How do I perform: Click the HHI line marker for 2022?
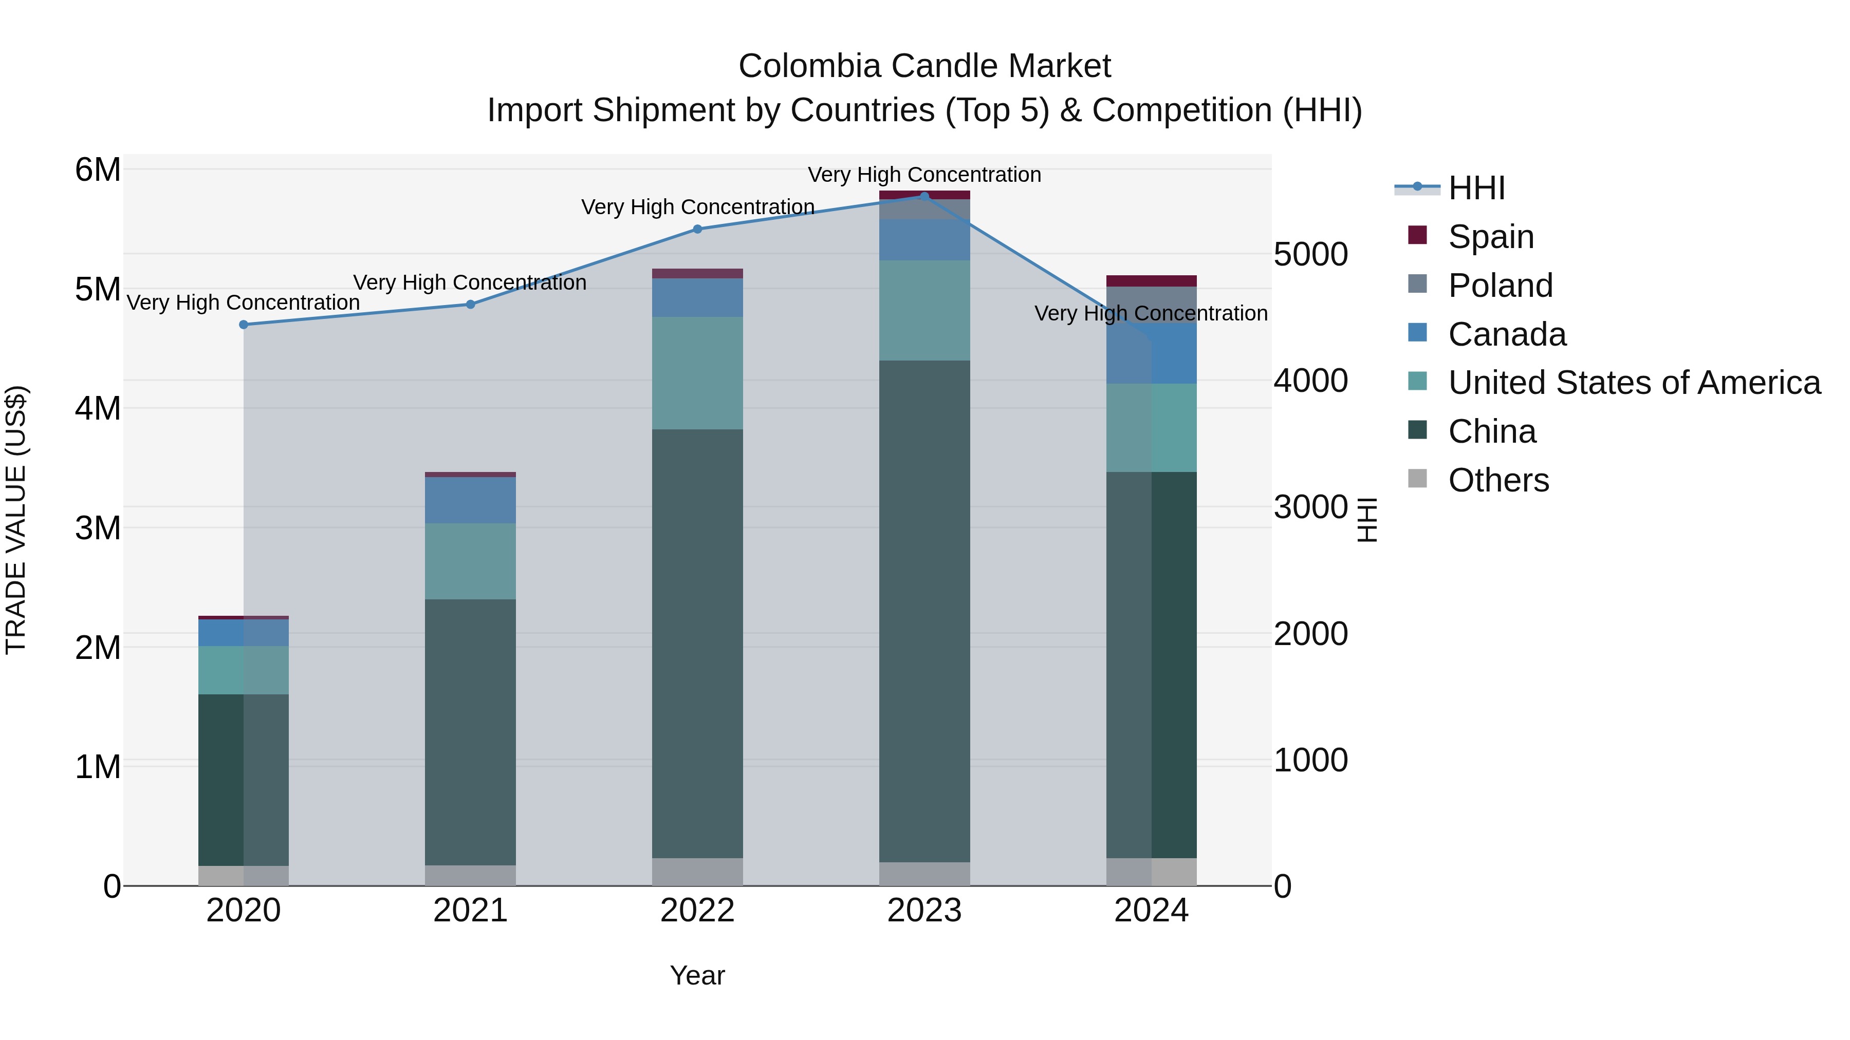697,229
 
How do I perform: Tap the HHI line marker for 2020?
244,325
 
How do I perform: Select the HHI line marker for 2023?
924,196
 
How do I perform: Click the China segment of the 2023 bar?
924,610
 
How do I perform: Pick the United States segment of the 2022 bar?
697,373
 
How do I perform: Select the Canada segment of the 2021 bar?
470,500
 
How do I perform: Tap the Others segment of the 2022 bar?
697,872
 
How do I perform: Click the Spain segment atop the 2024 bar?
1151,280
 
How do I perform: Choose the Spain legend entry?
1490,237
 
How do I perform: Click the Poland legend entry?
1500,286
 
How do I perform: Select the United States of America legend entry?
1634,383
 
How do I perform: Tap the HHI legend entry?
1476,188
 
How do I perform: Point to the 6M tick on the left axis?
98,170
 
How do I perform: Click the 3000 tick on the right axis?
1310,507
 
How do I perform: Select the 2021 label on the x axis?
470,911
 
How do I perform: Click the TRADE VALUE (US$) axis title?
16,520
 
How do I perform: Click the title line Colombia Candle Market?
924,66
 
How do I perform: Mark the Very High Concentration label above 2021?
470,283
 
